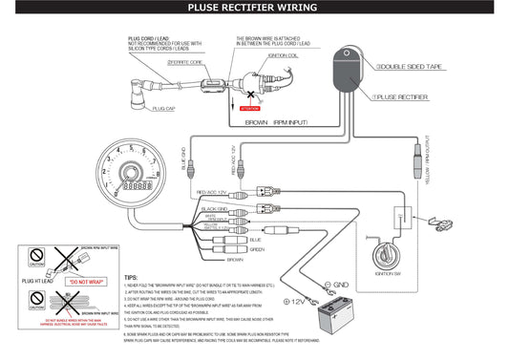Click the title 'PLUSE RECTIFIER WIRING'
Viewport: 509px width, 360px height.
pyautogui.click(x=254, y=9)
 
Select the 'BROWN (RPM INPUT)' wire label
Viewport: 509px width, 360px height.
pyautogui.click(x=276, y=123)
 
